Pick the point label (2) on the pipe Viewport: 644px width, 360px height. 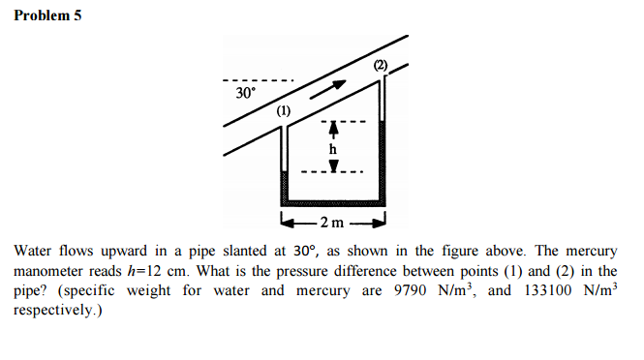pos(381,65)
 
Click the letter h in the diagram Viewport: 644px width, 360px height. pos(332,149)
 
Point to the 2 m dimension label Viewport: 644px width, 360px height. pos(332,225)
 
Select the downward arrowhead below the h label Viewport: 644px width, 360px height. pos(332,167)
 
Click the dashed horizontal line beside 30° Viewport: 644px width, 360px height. pos(257,80)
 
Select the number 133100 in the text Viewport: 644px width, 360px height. pos(544,290)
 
